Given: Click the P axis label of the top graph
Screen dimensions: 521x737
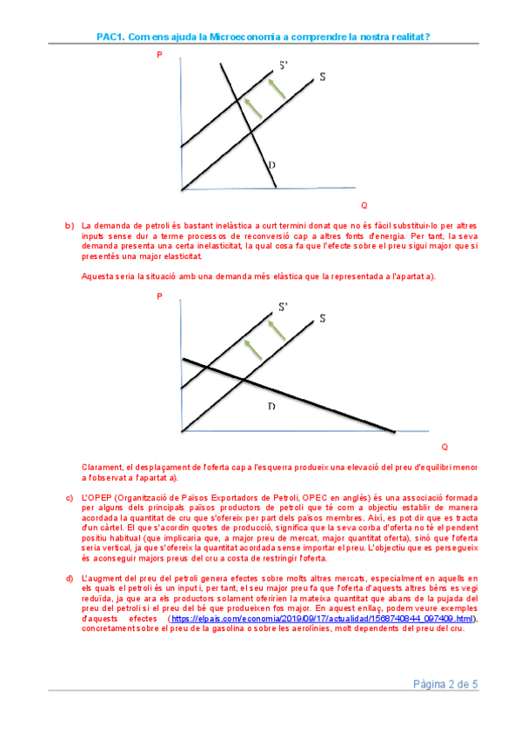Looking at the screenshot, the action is pos(159,55).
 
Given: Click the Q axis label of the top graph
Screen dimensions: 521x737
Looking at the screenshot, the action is pos(364,205).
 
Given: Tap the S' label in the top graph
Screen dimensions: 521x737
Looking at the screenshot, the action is pos(283,65).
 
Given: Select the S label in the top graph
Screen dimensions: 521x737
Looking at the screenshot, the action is pos(323,76).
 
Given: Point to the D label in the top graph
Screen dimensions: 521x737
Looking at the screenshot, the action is pos(271,165).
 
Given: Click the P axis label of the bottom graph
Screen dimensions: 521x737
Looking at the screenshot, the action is pos(159,296).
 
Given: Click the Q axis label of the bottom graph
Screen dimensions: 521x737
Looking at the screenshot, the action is pos(444,447).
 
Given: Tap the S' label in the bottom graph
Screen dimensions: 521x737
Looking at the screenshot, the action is pos(283,307).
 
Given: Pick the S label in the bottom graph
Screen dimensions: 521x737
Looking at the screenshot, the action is pos(323,318).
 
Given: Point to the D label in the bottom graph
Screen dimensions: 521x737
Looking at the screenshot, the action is pos(271,406).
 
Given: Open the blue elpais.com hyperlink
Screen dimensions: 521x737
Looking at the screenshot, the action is pos(322,619).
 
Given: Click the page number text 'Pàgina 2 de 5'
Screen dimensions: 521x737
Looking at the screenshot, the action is pos(445,684).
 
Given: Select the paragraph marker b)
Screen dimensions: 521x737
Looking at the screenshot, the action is pos(70,226).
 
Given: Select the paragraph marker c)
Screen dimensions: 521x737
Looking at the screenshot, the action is pos(70,498).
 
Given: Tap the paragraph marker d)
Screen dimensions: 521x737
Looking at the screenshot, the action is pos(70,579).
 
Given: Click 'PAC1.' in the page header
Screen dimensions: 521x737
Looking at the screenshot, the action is pos(110,37).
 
